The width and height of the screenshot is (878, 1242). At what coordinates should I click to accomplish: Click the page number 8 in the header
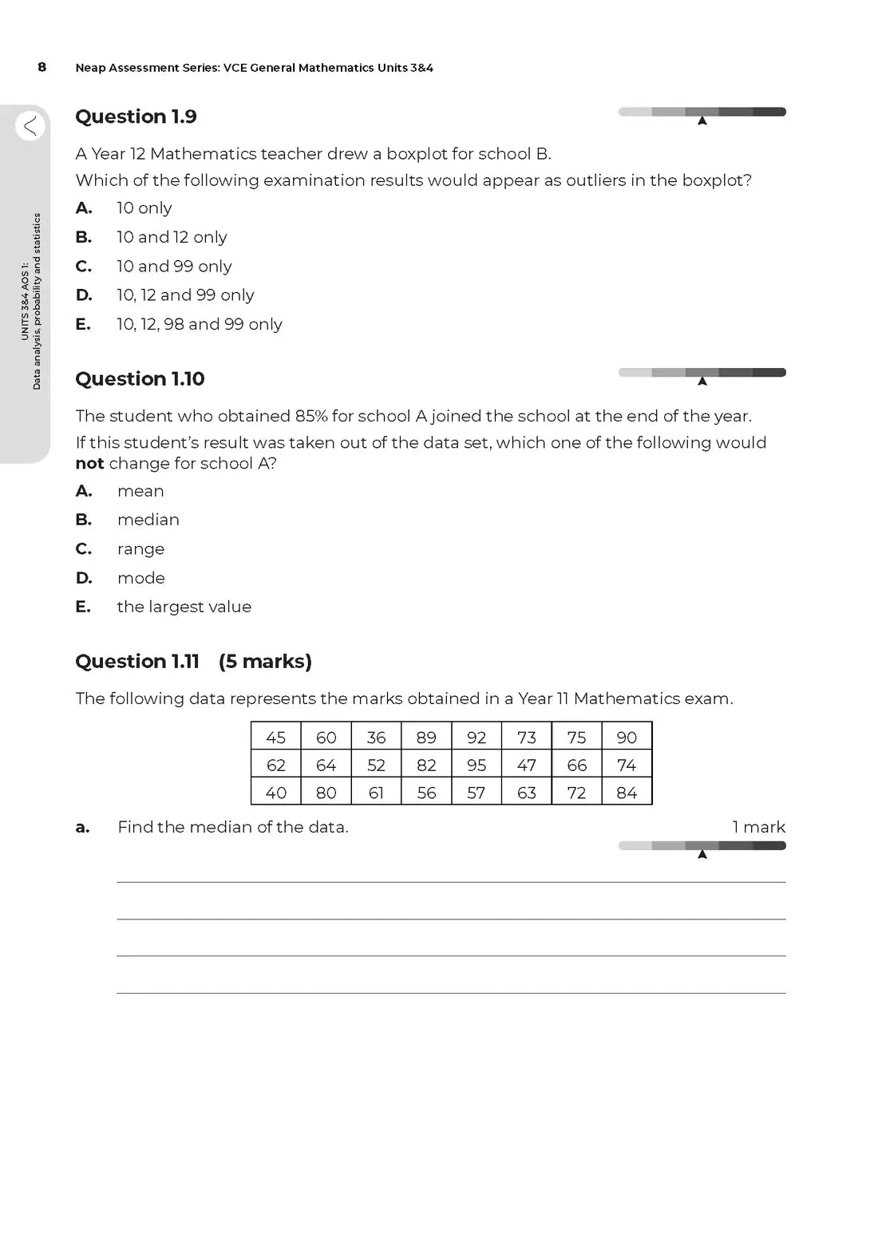(42, 67)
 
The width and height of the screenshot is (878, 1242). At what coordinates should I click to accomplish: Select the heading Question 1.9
(136, 117)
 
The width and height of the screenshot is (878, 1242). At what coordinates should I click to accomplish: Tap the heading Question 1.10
(140, 378)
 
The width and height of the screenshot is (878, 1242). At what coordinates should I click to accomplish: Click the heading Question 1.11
(137, 661)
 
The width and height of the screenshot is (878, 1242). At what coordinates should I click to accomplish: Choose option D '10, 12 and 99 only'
(185, 295)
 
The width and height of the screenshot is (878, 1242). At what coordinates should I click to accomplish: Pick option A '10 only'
(144, 208)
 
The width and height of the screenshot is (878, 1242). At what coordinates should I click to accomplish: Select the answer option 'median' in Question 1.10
(148, 520)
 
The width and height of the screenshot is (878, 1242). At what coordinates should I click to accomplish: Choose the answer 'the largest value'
(184, 607)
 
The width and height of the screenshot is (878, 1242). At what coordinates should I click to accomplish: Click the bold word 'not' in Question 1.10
(89, 464)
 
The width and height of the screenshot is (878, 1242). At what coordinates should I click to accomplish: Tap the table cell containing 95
(477, 765)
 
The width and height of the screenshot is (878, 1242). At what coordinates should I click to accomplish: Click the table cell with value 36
(376, 738)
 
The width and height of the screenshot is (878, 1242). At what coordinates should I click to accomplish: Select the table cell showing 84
(627, 793)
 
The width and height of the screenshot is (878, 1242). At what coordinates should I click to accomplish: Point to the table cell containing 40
(276, 793)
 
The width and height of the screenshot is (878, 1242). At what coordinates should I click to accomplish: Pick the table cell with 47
(527, 765)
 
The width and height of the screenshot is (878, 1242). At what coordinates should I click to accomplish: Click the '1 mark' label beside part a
(758, 827)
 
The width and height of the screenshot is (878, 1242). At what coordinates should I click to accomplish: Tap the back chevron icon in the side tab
(30, 125)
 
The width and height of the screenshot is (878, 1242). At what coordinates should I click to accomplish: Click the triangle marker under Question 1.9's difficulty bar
(702, 121)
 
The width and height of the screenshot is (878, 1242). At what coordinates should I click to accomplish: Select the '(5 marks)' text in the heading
(265, 661)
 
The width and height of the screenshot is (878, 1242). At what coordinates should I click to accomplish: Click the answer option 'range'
(141, 549)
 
